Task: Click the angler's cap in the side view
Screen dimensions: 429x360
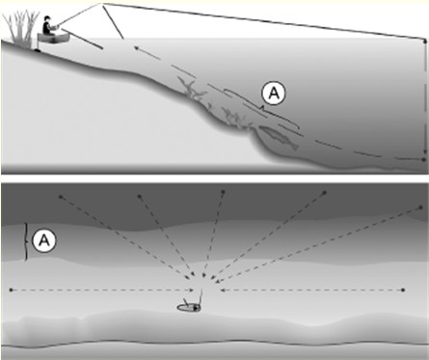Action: coord(47,18)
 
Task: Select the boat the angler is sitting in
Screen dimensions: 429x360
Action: coord(53,38)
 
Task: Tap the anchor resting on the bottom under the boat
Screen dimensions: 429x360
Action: coord(37,50)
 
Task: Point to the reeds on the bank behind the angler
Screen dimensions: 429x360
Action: coord(21,29)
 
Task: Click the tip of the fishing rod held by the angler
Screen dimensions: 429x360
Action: coord(101,4)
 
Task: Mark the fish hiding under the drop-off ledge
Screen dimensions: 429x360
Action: coord(279,137)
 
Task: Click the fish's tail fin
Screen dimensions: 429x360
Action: coord(294,147)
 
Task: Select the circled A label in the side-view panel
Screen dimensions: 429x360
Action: coord(274,94)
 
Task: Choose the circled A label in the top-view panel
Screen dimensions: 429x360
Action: coord(44,240)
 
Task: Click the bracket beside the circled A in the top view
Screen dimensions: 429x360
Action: coord(26,242)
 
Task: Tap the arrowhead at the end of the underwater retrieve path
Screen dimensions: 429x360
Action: coord(136,48)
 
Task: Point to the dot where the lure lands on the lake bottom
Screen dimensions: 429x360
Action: coord(423,159)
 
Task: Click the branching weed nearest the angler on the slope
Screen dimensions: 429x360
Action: coord(192,90)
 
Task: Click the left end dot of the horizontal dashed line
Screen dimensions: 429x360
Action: coord(12,291)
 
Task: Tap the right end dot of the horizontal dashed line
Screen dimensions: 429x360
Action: coord(403,291)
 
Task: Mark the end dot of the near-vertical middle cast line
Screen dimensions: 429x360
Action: coord(223,192)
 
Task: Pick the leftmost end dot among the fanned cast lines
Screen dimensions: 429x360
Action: coord(61,196)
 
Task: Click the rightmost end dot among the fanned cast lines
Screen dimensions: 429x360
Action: coord(420,208)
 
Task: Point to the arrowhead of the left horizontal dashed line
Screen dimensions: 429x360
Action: coord(192,291)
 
